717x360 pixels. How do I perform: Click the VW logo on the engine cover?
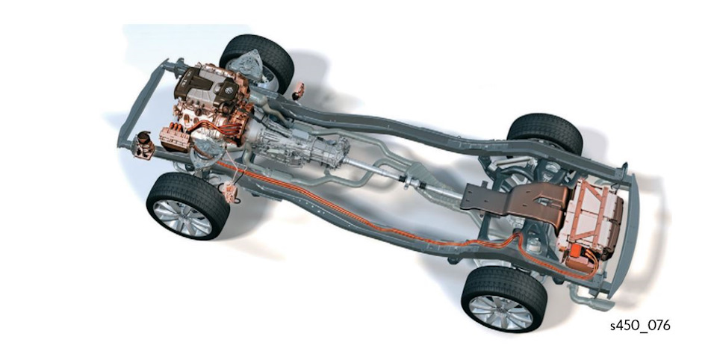(x=229, y=90)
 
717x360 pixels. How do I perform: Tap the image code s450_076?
(x=640, y=326)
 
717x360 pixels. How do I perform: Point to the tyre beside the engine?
(x=257, y=60)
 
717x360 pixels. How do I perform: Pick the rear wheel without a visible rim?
(x=545, y=133)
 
